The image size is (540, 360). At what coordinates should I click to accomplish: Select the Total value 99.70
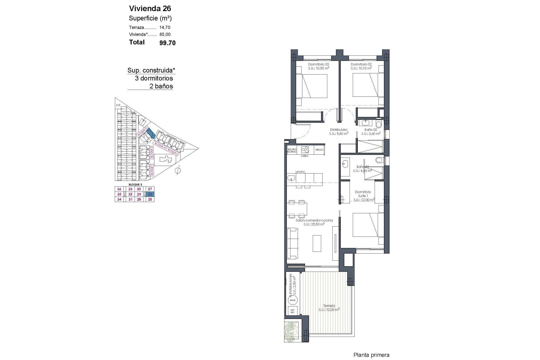pos(167,43)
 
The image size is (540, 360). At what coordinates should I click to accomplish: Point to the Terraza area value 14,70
pos(165,28)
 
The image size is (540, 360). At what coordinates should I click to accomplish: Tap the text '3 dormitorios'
pos(154,78)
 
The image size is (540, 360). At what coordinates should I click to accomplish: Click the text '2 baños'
pos(161,86)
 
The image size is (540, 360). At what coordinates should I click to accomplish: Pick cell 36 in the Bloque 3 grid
pos(119,189)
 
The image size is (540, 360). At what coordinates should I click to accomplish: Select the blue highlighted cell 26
pos(150,194)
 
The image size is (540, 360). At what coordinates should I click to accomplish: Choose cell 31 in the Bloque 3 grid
pos(130,199)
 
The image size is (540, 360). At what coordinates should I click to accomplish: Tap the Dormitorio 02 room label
pos(361,64)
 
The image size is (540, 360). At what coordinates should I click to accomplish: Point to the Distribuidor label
pos(339,130)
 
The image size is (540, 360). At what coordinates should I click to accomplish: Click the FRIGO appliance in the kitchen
pos(319,150)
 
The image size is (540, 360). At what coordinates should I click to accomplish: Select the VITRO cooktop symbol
pos(305,150)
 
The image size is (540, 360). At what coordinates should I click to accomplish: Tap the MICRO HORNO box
pos(292,150)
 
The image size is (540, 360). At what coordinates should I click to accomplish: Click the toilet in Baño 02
pos(379,124)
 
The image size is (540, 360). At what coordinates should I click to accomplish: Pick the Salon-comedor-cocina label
pos(314,220)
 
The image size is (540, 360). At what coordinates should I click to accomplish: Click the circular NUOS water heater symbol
pos(292,300)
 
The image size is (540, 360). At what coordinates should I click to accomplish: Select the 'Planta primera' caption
pos(371,355)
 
